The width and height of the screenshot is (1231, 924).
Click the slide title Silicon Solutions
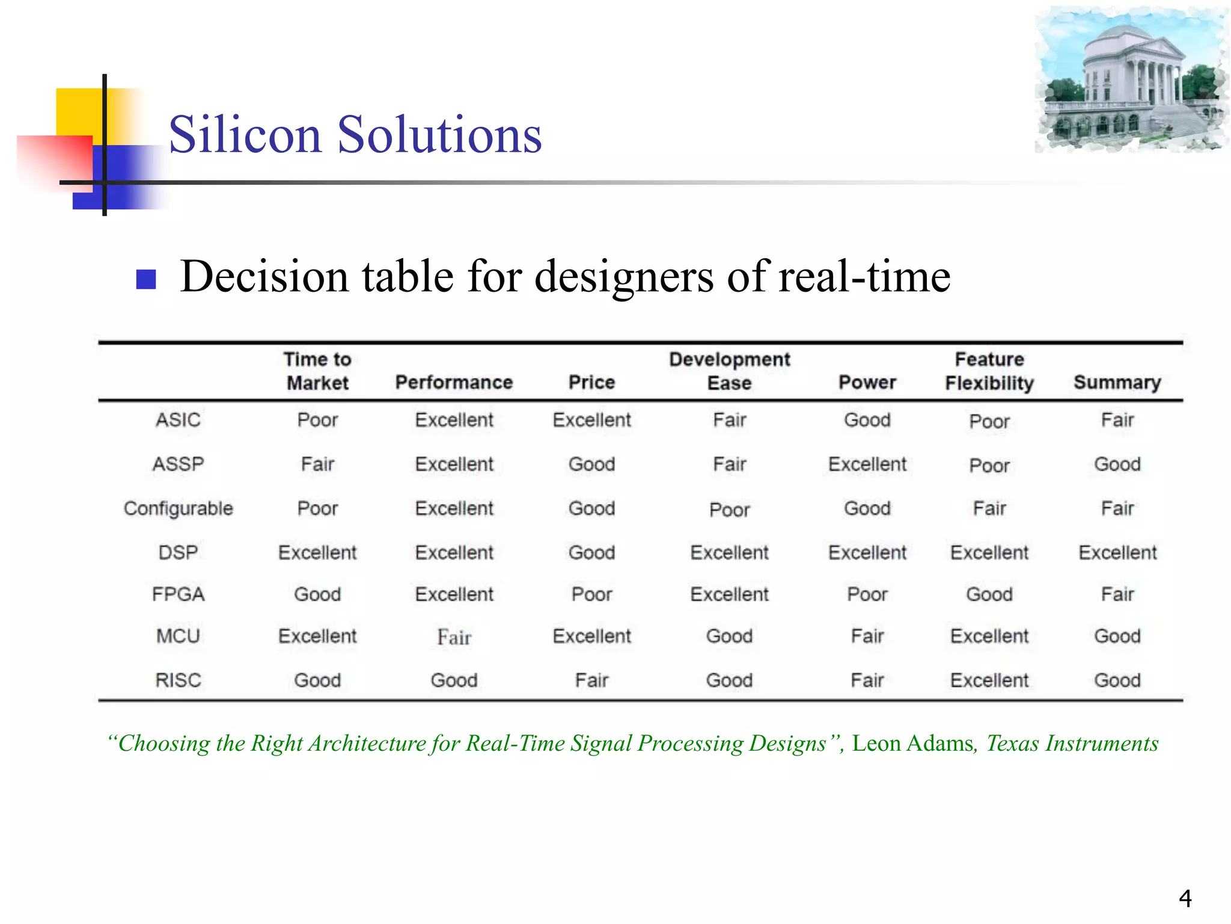pyautogui.click(x=355, y=135)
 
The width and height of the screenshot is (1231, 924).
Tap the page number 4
pyautogui.click(x=1185, y=898)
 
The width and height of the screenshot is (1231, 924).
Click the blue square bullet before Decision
pyautogui.click(x=146, y=279)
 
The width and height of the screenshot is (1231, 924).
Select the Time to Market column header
pyautogui.click(x=317, y=371)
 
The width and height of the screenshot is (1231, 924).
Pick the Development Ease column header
pyautogui.click(x=729, y=371)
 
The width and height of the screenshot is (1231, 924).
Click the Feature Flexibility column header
pyautogui.click(x=989, y=371)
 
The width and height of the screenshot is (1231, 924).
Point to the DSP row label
pyautogui.click(x=178, y=552)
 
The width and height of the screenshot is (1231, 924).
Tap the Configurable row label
pyautogui.click(x=178, y=508)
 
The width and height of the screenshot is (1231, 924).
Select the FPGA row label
pyautogui.click(x=178, y=594)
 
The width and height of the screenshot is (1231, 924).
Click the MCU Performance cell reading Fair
pyautogui.click(x=454, y=637)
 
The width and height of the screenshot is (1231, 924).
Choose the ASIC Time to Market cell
pyautogui.click(x=317, y=420)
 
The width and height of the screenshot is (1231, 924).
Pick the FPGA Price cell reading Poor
pyautogui.click(x=591, y=594)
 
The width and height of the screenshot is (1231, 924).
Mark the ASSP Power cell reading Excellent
pyautogui.click(x=867, y=464)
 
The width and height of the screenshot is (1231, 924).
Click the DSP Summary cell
pyautogui.click(x=1117, y=552)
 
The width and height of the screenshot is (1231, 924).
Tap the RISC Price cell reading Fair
pyautogui.click(x=591, y=680)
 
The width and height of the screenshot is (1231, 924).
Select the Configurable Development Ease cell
pyautogui.click(x=729, y=510)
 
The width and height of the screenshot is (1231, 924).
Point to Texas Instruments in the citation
pyautogui.click(x=1072, y=744)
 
